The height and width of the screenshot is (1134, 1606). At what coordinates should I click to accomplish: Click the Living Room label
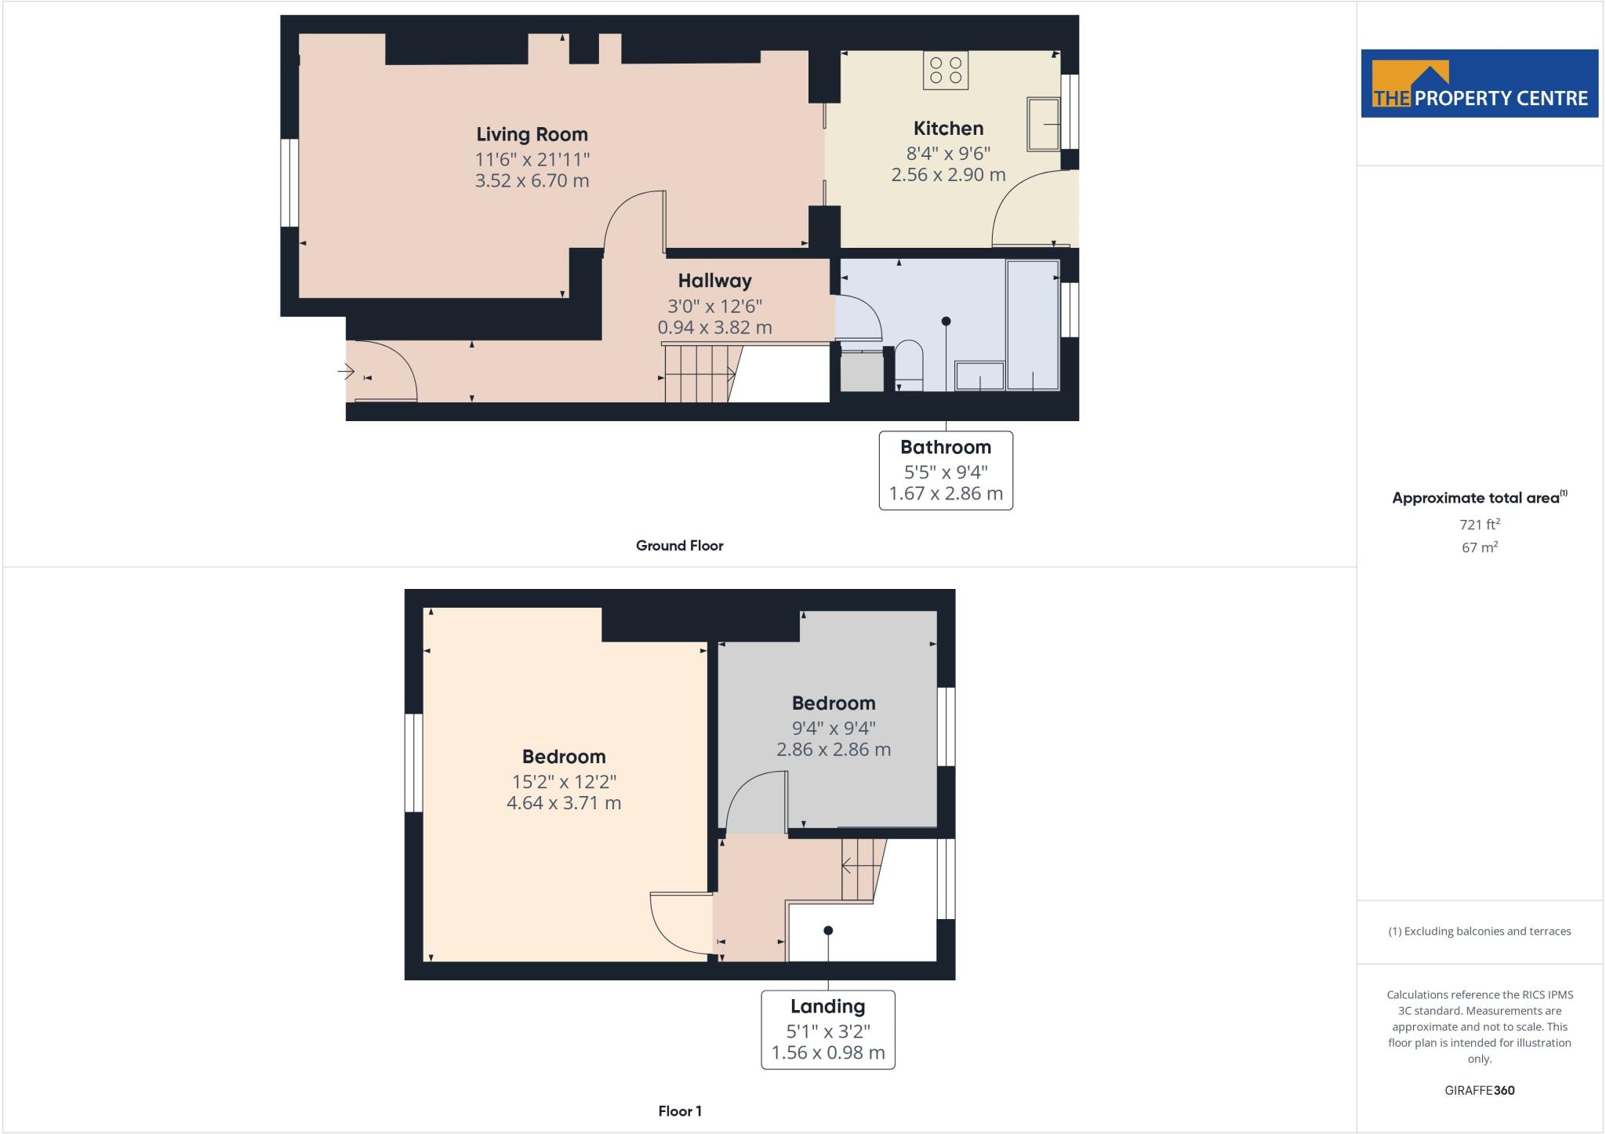tap(532, 134)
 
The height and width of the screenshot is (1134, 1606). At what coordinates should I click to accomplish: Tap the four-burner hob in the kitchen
tap(945, 70)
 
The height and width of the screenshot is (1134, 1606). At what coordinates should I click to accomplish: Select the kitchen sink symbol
tap(1043, 124)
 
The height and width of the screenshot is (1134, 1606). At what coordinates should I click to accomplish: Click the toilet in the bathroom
tap(909, 365)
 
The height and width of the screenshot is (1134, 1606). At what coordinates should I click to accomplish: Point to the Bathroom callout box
tap(945, 470)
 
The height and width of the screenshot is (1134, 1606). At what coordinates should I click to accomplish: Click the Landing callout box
tap(827, 1029)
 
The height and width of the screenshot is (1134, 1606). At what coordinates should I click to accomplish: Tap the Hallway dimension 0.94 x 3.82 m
tap(714, 328)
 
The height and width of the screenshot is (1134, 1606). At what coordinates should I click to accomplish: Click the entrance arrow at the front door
tap(346, 371)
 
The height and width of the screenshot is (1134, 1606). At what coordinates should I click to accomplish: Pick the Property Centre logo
tap(1479, 84)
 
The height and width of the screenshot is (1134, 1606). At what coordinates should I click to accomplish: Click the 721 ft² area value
tap(1479, 525)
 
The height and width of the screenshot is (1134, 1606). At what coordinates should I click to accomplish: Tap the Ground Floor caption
tap(679, 546)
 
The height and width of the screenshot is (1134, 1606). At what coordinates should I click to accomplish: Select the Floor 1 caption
tap(679, 1111)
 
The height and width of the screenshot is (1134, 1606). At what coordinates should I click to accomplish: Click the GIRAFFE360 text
tap(1479, 1090)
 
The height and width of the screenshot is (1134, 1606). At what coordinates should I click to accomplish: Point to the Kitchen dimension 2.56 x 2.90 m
tap(948, 175)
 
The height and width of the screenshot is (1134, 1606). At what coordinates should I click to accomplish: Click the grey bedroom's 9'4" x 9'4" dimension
tap(833, 728)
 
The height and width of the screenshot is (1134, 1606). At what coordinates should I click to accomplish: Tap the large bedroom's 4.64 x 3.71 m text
tap(563, 803)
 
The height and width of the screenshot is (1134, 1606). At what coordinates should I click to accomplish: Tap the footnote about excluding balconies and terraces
tap(1479, 932)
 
